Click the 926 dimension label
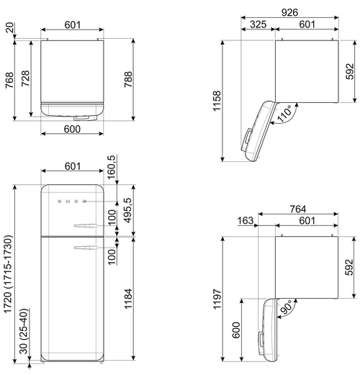289,12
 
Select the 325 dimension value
258,24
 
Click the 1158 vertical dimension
217,101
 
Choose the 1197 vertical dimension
217,299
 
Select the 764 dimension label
298,209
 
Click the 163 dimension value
246,220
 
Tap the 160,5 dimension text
112,167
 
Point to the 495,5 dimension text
127,210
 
